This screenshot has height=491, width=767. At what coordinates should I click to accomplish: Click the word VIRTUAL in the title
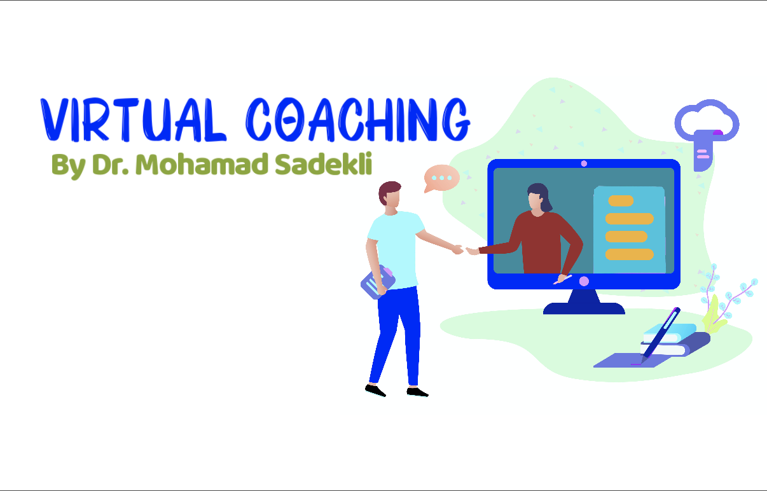tap(133, 120)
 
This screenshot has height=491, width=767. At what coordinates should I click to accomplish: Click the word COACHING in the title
tap(358, 120)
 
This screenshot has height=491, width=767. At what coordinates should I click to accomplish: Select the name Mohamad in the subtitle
tap(202, 164)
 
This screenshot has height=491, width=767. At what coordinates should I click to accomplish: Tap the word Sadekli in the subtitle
tap(323, 163)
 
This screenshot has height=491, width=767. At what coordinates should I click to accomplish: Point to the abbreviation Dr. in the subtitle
tap(110, 164)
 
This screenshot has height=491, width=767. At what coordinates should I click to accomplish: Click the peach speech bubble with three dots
tap(441, 178)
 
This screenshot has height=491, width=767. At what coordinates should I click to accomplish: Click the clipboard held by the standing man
tap(378, 282)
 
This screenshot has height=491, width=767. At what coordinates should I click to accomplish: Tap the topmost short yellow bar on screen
tap(621, 200)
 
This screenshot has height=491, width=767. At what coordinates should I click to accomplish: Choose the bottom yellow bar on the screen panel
tap(630, 254)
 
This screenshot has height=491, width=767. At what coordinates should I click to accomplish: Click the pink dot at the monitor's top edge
tap(584, 163)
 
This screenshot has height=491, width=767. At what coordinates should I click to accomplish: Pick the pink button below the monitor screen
tap(584, 282)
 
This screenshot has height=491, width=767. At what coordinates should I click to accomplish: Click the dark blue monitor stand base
tap(584, 308)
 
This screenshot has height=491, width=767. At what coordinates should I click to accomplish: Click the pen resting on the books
tap(661, 336)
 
